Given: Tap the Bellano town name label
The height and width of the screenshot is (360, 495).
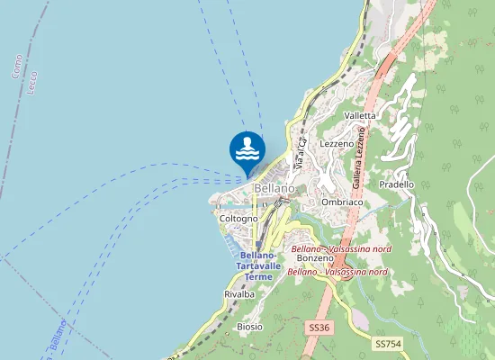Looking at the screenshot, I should click(x=274, y=188).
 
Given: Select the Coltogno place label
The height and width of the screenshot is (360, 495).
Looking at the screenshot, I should click(x=238, y=219).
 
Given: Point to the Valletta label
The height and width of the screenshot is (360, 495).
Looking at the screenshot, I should click(x=361, y=116).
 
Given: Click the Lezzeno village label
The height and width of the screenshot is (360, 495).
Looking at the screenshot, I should click(x=337, y=143).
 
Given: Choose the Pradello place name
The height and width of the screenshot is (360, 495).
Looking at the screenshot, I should click(x=397, y=184).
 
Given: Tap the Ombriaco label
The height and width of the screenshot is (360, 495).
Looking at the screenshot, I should click(x=341, y=202).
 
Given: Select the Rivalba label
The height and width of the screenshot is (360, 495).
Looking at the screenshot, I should click(x=238, y=294).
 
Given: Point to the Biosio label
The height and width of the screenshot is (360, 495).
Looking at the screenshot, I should click(x=249, y=326).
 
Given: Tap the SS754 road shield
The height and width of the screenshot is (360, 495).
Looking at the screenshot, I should click(x=387, y=344).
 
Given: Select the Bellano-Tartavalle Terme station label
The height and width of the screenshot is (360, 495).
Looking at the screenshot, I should click(x=253, y=266).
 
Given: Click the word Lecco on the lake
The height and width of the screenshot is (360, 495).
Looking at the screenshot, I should click(x=33, y=84).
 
